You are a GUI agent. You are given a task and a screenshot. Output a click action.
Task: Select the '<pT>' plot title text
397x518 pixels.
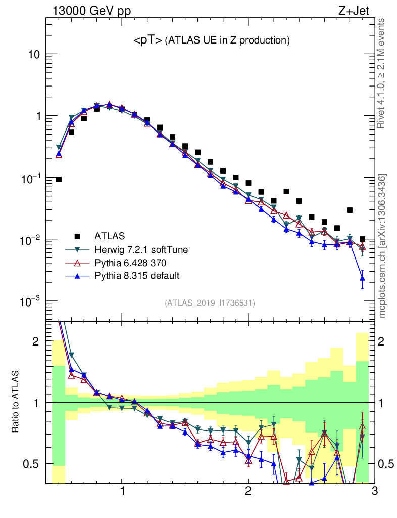(x=147, y=41)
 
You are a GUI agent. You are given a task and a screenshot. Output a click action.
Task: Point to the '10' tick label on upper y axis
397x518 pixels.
(x=34, y=55)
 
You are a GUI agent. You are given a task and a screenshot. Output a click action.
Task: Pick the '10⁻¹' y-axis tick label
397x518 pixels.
(x=30, y=178)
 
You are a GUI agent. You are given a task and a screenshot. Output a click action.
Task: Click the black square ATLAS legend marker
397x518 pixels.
(x=77, y=236)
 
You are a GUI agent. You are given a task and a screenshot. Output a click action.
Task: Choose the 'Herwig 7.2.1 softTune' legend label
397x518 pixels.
(x=137, y=249)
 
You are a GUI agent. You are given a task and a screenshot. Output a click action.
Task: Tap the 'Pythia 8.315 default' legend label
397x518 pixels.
(x=137, y=276)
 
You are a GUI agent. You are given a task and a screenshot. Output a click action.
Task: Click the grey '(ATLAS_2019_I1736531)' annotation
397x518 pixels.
(x=210, y=303)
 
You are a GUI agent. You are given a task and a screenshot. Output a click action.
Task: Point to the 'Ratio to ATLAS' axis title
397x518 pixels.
(x=16, y=403)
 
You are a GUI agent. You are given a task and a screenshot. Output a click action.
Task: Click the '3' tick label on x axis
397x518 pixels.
(x=374, y=491)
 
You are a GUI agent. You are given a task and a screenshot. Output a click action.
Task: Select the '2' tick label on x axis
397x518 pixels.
(x=248, y=491)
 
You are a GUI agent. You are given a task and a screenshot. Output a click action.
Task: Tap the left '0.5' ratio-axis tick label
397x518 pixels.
(x=32, y=464)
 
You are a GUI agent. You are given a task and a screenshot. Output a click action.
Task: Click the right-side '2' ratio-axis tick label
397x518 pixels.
(x=384, y=342)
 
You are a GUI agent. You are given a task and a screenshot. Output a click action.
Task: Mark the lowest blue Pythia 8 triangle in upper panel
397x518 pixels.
(x=362, y=278)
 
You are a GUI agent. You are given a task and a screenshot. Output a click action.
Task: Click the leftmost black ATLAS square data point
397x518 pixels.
(x=59, y=180)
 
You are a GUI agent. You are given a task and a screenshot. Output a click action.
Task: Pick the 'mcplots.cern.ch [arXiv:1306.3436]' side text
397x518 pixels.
(x=383, y=245)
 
